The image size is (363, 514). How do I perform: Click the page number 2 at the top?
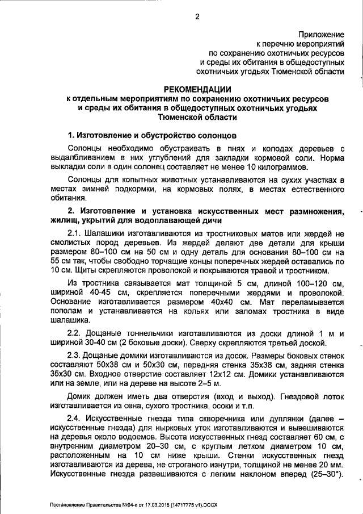[197, 16]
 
